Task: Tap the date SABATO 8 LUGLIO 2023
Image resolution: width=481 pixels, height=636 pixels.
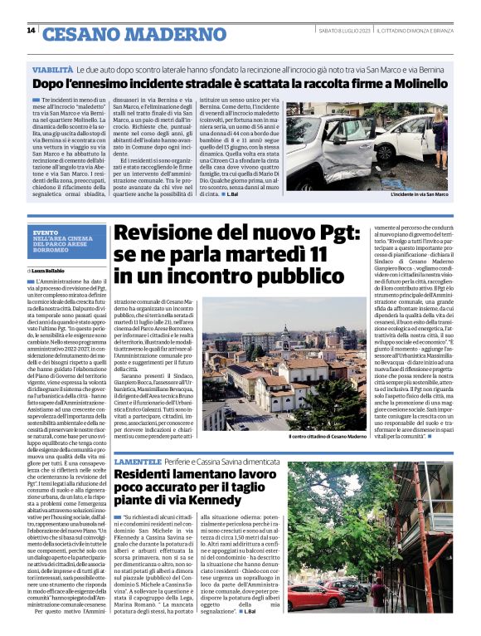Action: pyautogui.click(x=343, y=31)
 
